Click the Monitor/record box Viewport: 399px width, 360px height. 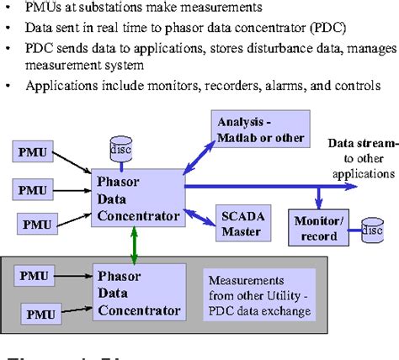coord(318,226)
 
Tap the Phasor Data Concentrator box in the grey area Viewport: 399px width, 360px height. coord(139,293)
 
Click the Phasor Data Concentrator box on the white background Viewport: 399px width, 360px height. coord(139,198)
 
